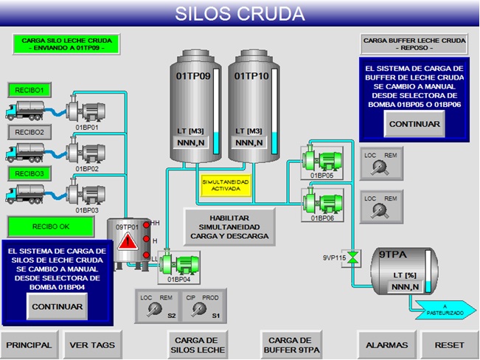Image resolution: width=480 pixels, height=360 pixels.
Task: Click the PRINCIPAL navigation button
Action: click(29, 345)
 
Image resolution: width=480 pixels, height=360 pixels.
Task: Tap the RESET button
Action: click(450, 345)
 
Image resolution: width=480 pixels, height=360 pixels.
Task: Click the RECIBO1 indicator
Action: click(27, 90)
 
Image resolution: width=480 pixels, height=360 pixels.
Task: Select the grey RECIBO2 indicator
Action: click(27, 132)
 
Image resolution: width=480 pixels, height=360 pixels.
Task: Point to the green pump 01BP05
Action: click(321, 158)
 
